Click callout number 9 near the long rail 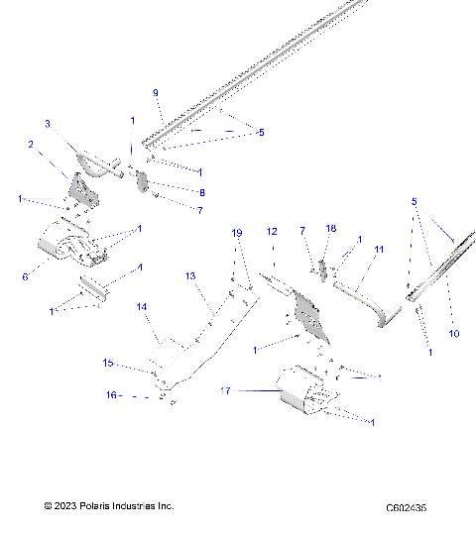coord(156,92)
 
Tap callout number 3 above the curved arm coord(47,124)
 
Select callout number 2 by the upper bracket coord(31,145)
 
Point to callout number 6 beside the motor coord(25,276)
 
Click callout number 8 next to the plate coord(201,192)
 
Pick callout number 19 coord(237,233)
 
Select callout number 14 coord(142,307)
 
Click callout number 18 coord(331,228)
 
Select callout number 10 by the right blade coord(454,334)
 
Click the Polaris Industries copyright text coord(109,506)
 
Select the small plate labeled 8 coord(142,184)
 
